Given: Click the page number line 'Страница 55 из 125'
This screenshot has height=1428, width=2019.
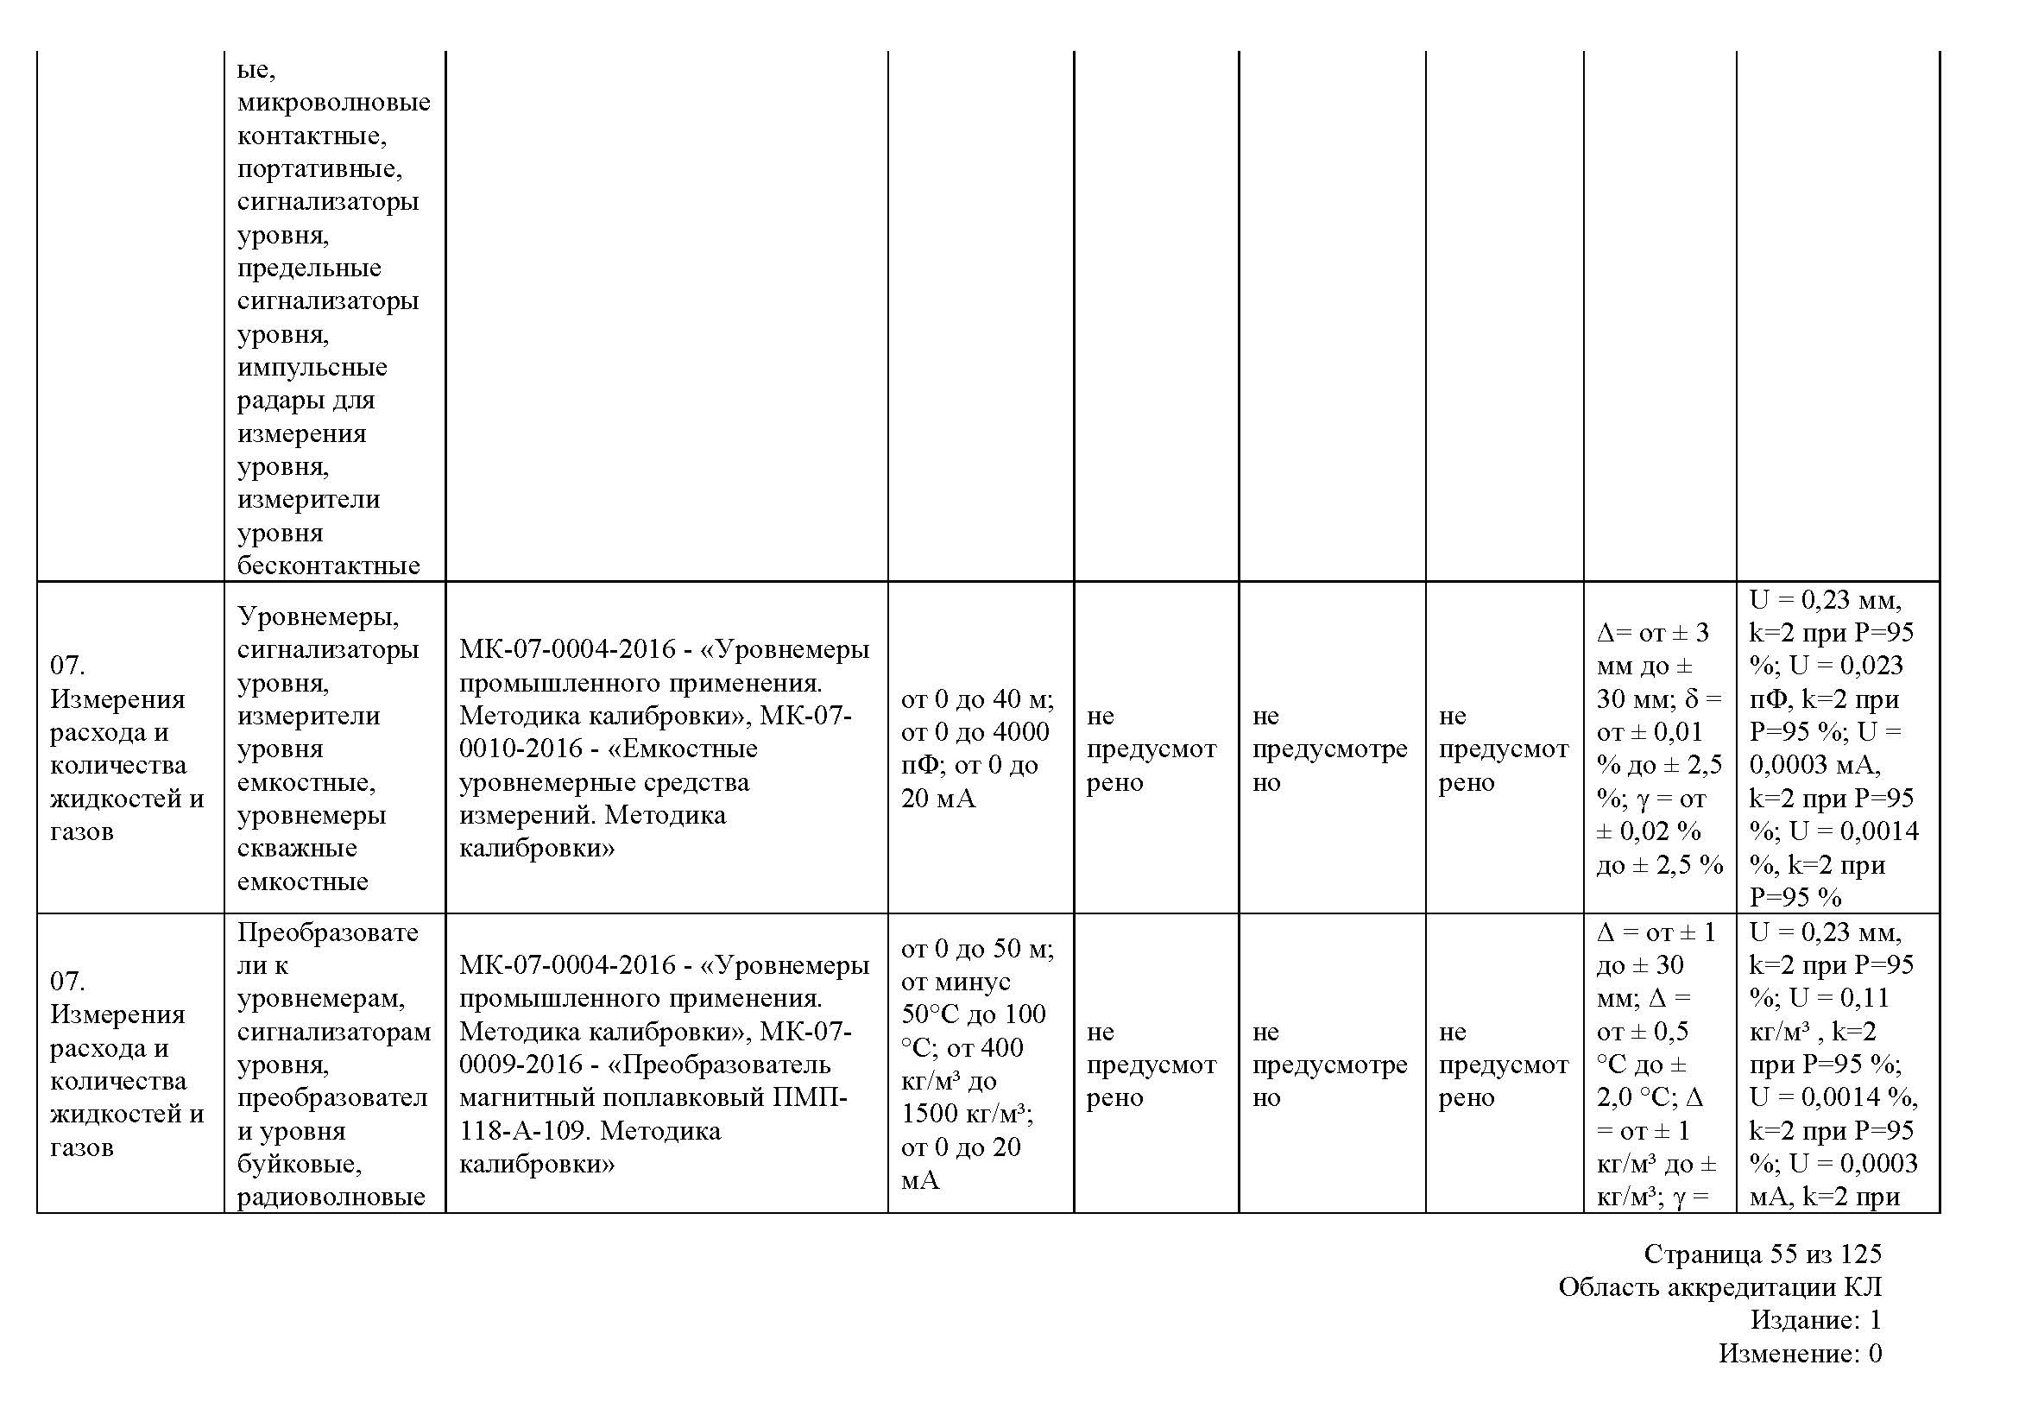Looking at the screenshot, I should [x=1763, y=1254].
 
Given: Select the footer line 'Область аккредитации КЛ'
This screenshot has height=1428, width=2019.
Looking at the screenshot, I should [x=1720, y=1287].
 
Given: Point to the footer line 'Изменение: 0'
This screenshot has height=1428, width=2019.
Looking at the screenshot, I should [x=1800, y=1353].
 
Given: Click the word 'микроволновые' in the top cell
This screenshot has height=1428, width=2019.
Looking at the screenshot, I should [x=333, y=103].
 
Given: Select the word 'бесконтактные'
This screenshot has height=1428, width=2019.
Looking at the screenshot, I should [x=328, y=566].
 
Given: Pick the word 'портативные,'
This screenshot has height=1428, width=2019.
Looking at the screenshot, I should [x=319, y=169].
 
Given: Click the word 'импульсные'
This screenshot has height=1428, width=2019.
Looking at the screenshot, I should [x=312, y=368].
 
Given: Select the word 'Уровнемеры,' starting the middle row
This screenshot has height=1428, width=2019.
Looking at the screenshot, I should [x=318, y=616].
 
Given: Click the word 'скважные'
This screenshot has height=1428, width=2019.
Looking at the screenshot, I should [x=297, y=849].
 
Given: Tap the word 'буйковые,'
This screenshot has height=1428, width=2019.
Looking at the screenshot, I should [x=300, y=1164].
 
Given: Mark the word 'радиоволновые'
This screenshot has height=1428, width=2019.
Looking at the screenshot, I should [x=331, y=1197].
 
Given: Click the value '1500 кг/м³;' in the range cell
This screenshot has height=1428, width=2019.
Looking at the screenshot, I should [x=967, y=1114].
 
